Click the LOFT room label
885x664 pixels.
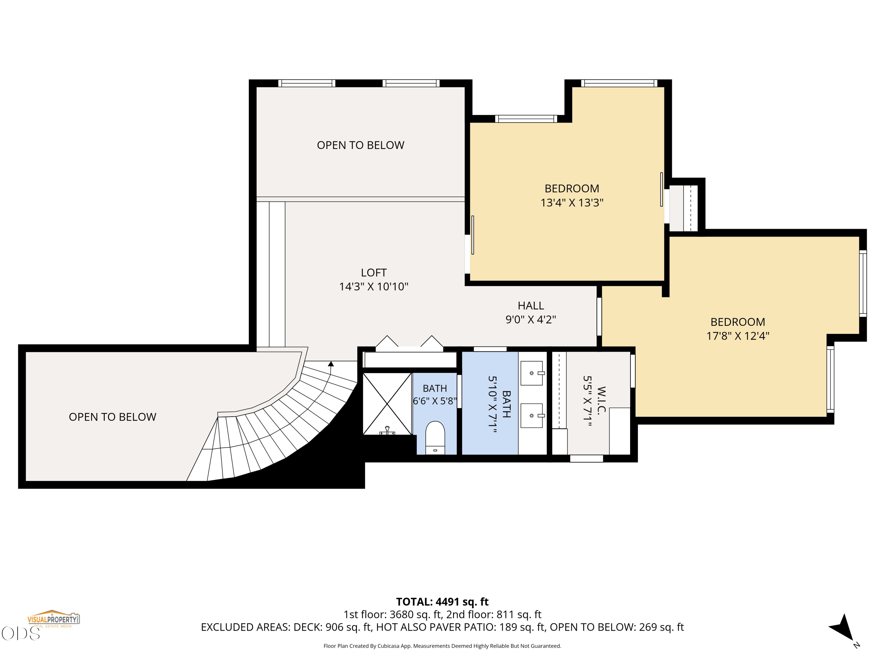point(374,273)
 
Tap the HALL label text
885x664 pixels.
point(531,306)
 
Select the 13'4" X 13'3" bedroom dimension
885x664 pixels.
point(572,202)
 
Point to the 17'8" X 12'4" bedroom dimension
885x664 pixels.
point(738,336)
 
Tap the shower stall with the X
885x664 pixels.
point(387,404)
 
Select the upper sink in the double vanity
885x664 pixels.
point(532,373)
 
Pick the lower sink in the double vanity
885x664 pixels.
point(532,416)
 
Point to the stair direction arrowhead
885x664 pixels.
point(331,364)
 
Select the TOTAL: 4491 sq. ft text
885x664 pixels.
point(442,602)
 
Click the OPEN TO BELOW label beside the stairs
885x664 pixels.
point(112,417)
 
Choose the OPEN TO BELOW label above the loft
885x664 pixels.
point(360,145)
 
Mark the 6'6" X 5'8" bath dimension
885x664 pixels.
point(435,401)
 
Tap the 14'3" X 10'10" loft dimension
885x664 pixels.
point(374,287)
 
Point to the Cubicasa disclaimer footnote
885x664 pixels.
point(442,646)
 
